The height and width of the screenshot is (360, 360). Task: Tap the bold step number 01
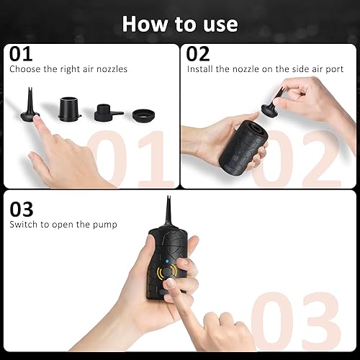point(21,54)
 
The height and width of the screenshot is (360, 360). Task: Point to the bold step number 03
point(22,209)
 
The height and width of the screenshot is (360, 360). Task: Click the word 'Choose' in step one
point(24,70)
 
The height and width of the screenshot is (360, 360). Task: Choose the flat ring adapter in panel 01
point(143,114)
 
